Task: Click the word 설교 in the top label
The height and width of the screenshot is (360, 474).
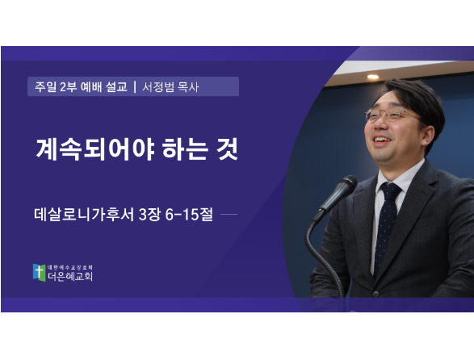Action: pos(116,86)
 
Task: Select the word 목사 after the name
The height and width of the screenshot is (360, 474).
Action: pos(188,87)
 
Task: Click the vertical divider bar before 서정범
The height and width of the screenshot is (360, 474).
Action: pos(135,86)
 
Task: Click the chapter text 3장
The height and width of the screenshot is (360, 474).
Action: pos(149,215)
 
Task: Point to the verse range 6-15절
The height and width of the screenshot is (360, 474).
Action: pos(189,215)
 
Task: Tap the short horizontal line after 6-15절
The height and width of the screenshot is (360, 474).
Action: pos(229,215)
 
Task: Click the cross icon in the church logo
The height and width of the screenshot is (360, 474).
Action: pos(39,272)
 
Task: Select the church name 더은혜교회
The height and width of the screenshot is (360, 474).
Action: pos(70,277)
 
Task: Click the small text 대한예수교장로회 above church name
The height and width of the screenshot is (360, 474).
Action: pos(70,267)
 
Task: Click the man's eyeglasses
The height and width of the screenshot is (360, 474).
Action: pos(392,115)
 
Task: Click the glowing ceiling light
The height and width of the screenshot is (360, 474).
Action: pos(373,77)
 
